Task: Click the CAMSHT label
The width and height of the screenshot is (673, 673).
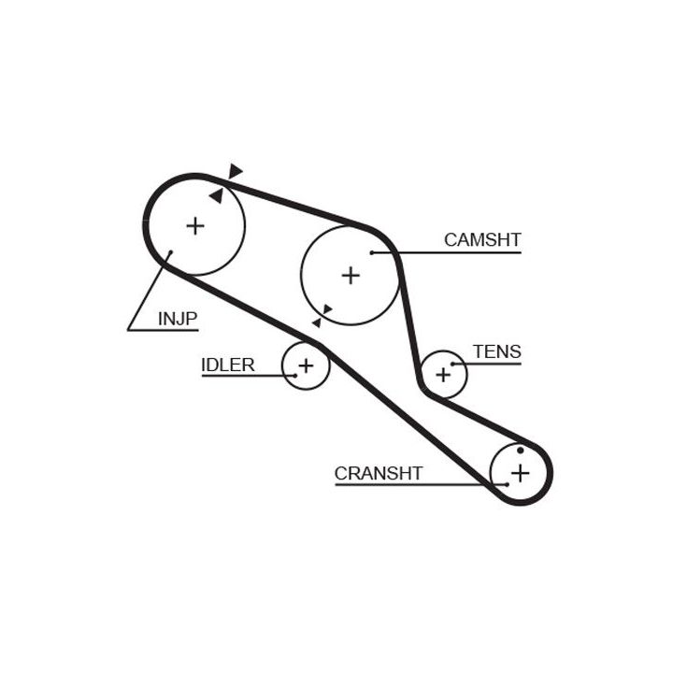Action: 481,240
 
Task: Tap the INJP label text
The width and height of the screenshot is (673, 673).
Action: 178,318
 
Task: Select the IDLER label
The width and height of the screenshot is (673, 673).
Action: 228,365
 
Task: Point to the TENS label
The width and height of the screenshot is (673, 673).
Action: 496,351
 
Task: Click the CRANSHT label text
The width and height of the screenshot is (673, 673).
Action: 379,473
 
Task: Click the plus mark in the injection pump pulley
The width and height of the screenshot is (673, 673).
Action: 194,225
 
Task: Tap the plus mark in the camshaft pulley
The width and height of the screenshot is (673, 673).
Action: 350,275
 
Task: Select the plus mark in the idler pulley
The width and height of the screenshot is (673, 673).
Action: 305,365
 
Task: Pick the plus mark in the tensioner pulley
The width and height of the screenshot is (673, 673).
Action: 443,374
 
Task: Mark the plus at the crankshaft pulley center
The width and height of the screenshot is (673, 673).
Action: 520,473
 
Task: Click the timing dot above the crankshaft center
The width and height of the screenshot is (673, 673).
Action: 521,451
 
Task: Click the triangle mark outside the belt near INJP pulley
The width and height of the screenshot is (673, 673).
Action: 236,171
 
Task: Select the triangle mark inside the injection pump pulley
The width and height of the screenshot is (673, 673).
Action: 217,196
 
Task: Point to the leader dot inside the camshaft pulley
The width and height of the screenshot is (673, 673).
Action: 372,252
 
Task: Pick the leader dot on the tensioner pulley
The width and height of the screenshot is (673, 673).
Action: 453,364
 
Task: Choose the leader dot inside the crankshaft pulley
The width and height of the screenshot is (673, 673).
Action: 506,484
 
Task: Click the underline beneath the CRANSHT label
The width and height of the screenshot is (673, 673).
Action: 411,485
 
